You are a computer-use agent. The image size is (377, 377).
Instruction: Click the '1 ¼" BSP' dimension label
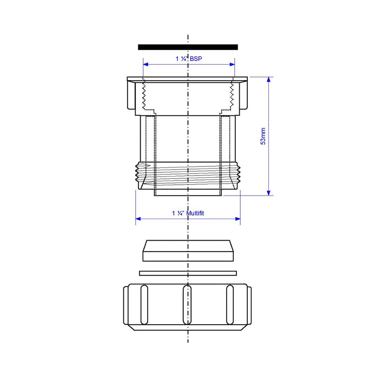tap(188, 59)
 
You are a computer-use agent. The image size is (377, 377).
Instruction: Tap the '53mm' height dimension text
tap(263, 136)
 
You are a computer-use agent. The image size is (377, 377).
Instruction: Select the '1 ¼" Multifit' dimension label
tap(188, 213)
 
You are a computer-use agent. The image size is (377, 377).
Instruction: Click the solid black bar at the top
tap(188, 47)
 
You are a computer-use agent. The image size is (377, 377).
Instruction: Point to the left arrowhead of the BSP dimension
tap(146, 65)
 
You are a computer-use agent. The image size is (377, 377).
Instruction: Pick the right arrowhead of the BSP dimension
tap(232, 65)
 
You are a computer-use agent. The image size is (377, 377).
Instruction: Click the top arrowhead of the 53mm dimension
tap(269, 80)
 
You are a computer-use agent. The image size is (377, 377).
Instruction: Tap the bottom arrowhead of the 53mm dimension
tap(269, 193)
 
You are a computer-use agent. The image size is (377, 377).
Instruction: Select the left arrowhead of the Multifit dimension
tap(138, 219)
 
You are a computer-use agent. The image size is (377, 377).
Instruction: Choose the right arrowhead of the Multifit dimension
tap(238, 219)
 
